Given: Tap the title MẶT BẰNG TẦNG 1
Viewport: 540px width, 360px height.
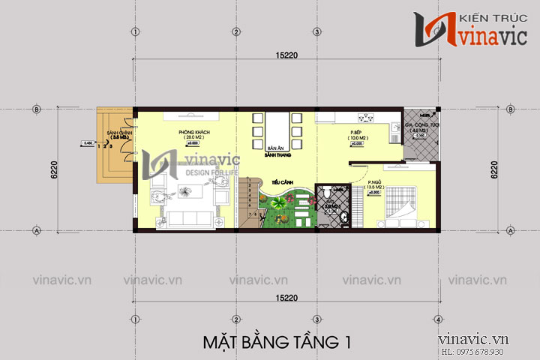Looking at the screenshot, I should click(x=276, y=342).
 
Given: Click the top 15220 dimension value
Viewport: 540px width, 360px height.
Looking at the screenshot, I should click(x=285, y=53).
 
